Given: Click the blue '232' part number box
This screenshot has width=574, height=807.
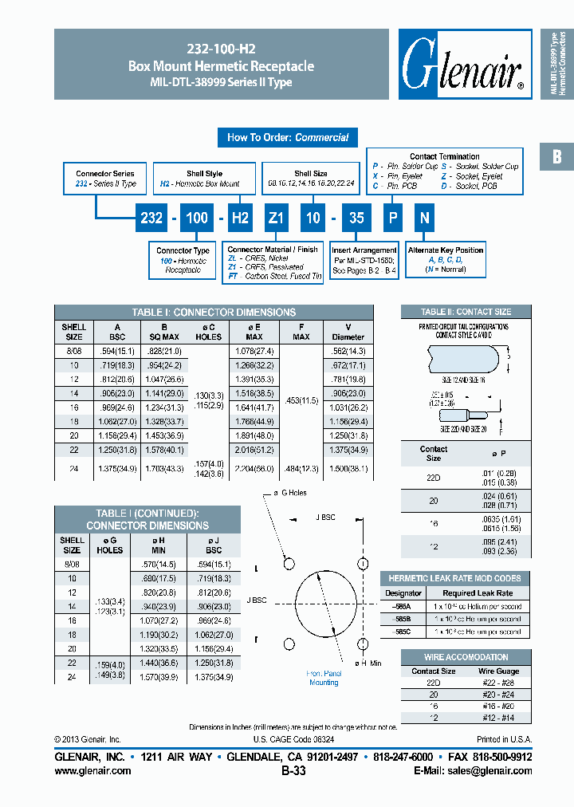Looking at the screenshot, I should click(x=151, y=218).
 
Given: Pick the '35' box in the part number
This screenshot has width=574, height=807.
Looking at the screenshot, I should click(x=358, y=218).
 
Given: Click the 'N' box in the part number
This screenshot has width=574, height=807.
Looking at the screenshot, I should click(x=425, y=218).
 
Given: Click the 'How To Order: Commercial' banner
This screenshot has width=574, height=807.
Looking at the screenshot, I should click(x=287, y=137).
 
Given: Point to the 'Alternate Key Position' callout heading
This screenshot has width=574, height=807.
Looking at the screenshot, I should click(x=446, y=250).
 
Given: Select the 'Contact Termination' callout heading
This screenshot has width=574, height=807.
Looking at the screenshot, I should click(x=445, y=156).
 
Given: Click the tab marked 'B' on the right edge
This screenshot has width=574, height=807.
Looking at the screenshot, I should click(x=556, y=157).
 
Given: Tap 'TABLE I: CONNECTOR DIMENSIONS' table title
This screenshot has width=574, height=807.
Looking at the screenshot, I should click(x=214, y=313).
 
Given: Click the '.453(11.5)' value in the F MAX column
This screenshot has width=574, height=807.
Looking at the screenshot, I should click(x=301, y=400).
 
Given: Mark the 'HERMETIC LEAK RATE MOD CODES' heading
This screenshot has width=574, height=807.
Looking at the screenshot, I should click(x=454, y=578).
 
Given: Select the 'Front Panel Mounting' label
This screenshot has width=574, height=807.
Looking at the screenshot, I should click(x=324, y=678).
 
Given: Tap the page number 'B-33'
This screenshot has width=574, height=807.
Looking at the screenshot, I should click(x=293, y=771).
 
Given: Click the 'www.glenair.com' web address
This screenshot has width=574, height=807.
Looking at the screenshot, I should click(x=92, y=771).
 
